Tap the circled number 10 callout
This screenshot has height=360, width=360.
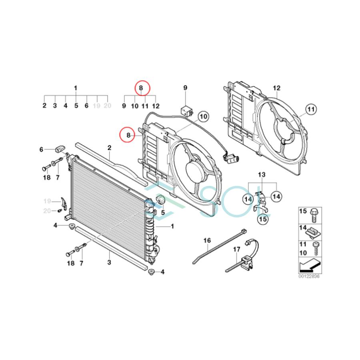coord(203,116)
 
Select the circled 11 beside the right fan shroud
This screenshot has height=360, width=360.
coord(311,109)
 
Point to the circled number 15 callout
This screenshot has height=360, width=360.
coord(263,219)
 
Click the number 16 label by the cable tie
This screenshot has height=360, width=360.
coord(207,240)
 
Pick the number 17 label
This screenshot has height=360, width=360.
coord(237,249)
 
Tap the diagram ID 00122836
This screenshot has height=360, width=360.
coord(309,276)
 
